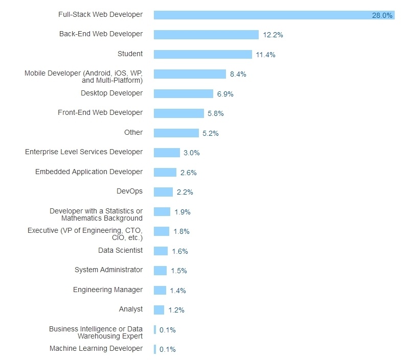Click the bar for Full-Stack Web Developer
(274, 15)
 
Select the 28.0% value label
(382, 15)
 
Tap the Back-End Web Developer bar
(206, 35)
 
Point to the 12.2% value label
(273, 35)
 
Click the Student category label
(130, 54)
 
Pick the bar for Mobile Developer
(190, 74)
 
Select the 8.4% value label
(238, 74)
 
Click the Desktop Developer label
(111, 93)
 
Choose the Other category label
(133, 132)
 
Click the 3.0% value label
(191, 153)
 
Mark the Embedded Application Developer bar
(165, 173)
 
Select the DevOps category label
(129, 191)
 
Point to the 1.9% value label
(182, 212)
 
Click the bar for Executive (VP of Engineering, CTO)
(162, 231)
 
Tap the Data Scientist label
(120, 250)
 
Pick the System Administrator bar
(160, 271)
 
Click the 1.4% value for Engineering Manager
(177, 291)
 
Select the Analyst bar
(159, 310)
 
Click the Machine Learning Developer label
(96, 348)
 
